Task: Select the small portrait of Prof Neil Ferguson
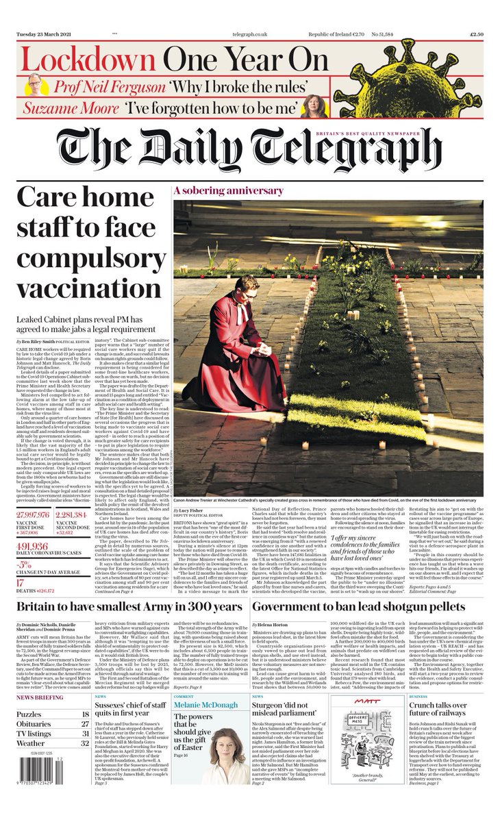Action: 34,84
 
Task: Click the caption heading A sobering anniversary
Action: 218,190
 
